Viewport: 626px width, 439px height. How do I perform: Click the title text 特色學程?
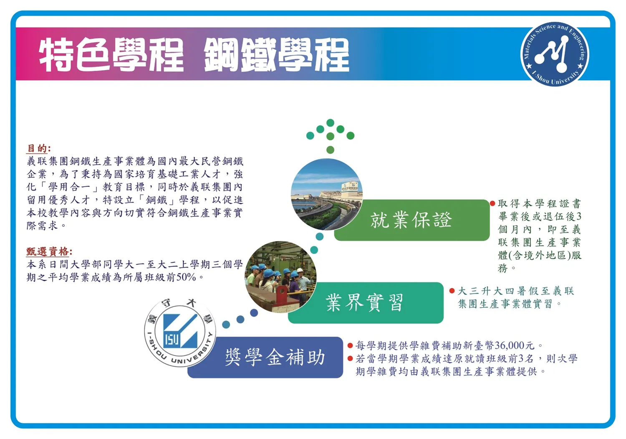click(111, 55)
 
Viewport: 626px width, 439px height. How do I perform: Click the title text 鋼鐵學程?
click(276, 55)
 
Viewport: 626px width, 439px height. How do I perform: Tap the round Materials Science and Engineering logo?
click(555, 54)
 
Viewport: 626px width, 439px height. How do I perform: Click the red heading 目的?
click(38, 148)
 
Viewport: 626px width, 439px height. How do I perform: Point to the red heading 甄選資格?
click(49, 251)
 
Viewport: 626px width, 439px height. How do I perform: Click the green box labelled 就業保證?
click(411, 220)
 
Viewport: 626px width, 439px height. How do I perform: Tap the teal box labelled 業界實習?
click(366, 303)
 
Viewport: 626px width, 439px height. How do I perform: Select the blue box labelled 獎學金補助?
click(265, 357)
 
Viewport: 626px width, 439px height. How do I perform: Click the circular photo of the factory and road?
click(327, 195)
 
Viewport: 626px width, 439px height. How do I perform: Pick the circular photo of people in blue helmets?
click(280, 277)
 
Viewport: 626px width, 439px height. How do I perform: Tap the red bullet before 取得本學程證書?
click(492, 203)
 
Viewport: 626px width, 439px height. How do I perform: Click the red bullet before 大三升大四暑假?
click(452, 291)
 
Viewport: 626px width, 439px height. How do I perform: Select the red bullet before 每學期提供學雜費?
click(350, 345)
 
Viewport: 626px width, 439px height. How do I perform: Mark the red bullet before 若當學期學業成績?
click(350, 358)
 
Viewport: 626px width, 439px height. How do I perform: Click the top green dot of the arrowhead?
click(331, 122)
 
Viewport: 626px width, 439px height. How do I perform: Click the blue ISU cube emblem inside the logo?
click(180, 331)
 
